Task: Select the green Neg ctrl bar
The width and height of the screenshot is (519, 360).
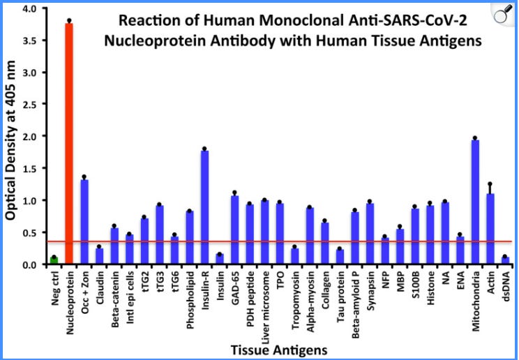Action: click(54, 261)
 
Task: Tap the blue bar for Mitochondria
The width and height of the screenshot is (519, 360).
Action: click(475, 202)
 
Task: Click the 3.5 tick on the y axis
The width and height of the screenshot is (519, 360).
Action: click(29, 40)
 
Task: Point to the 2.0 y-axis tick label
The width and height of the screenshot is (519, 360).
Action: click(29, 137)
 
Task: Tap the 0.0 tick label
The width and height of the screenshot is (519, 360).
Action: click(29, 265)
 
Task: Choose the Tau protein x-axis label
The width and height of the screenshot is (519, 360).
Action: click(340, 292)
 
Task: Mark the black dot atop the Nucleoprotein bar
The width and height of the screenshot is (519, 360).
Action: click(69, 20)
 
